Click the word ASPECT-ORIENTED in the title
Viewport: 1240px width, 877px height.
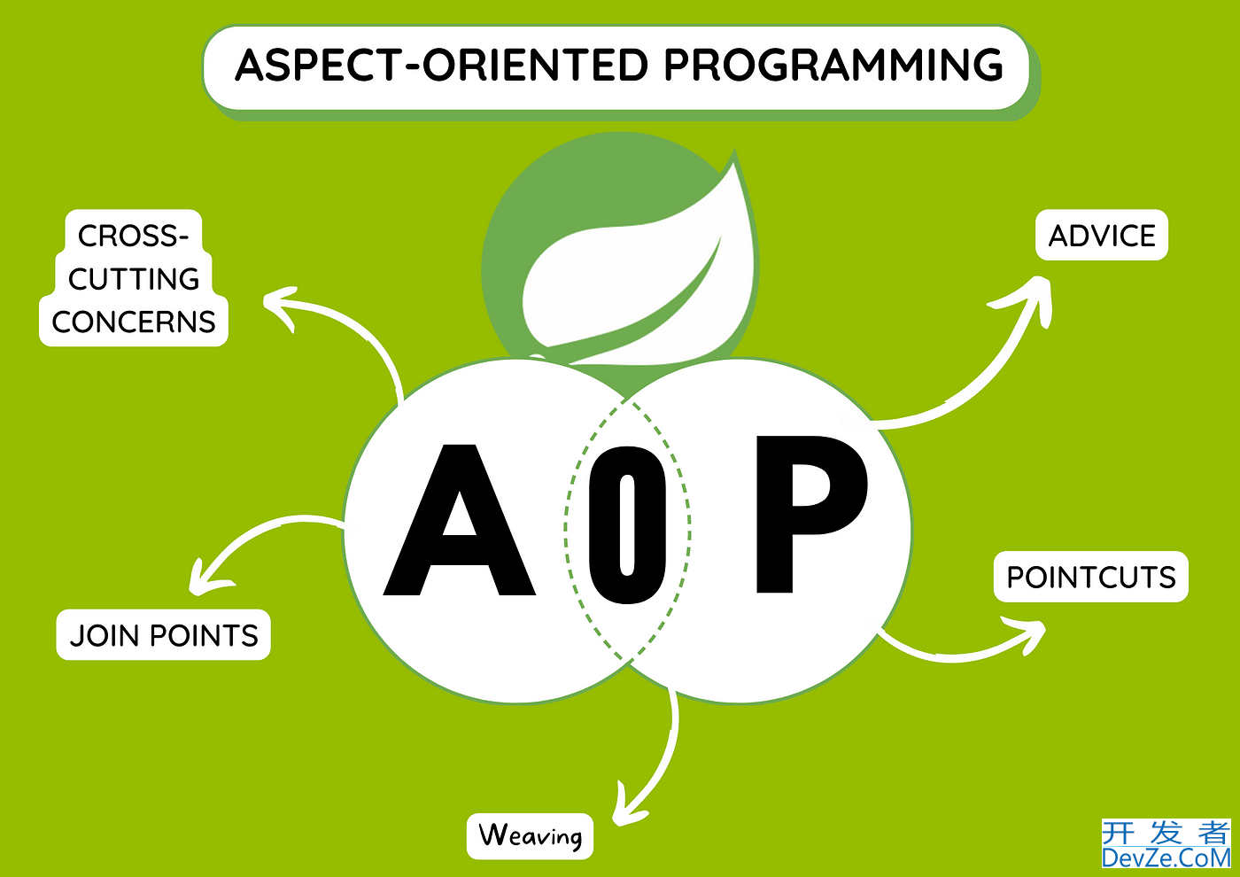441,65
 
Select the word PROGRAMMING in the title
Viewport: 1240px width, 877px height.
833,65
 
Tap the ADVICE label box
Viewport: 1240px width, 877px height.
1102,235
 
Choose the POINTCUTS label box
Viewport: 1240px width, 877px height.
1091,577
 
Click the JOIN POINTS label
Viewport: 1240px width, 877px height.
163,634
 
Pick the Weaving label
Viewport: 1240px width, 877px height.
530,836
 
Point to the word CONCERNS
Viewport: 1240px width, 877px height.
134,322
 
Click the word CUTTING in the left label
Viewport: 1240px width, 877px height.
134,278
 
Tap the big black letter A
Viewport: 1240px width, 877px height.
460,520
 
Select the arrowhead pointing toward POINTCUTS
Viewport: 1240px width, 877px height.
1026,635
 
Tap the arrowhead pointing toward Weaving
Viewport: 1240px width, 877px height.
627,807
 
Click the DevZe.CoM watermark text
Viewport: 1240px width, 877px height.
1166,858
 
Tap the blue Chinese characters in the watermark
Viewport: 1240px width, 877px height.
1166,833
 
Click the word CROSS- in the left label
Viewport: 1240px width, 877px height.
134,236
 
